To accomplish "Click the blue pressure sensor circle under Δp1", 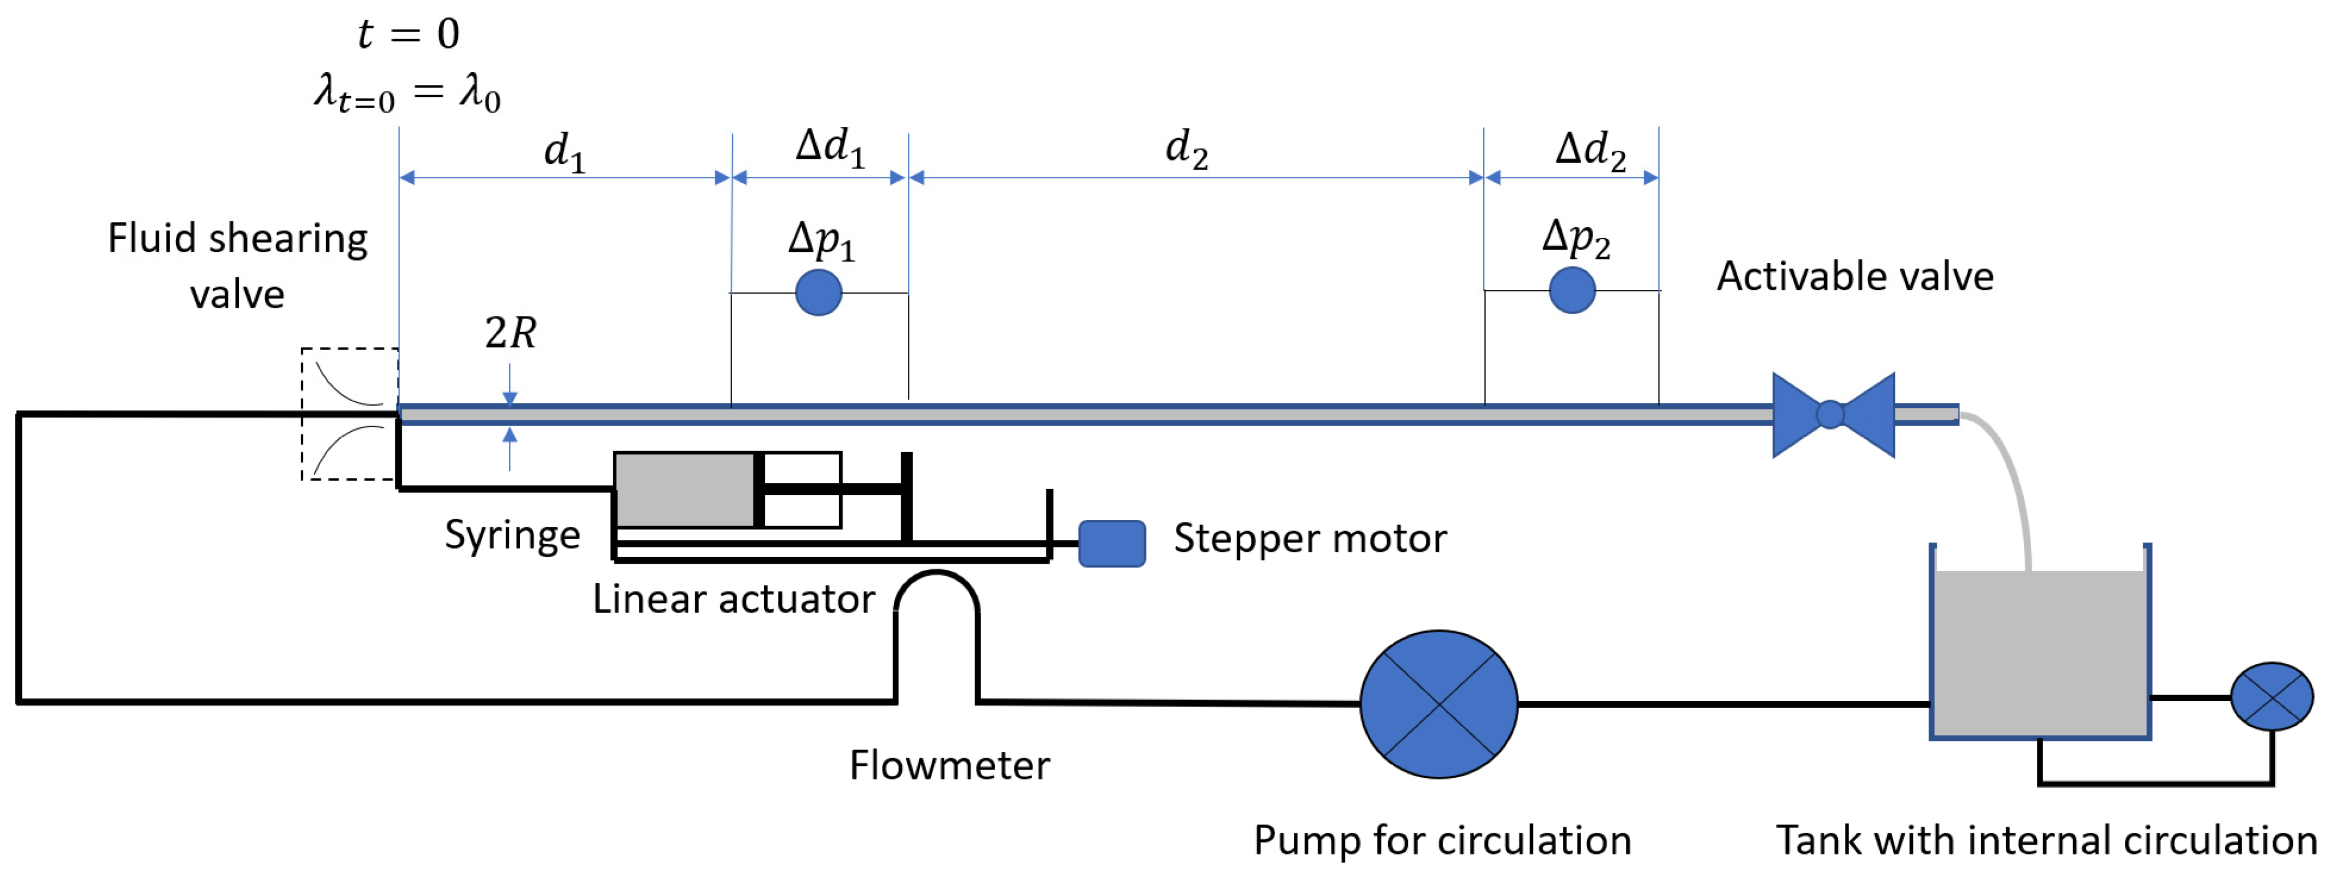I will point(818,292).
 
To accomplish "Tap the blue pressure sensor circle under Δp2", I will point(1572,290).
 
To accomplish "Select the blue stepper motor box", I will point(1112,544).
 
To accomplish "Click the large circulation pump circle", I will point(1439,704).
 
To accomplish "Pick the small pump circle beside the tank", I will point(2271,696).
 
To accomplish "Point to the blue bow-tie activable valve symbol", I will point(1833,414).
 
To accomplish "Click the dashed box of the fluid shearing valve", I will point(349,414).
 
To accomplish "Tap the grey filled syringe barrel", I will point(685,489).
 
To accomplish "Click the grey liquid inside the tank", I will point(2040,651).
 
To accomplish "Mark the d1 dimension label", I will point(564,151).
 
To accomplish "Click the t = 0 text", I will point(408,34).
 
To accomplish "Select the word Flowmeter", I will point(949,765).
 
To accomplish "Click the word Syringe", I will point(512,535).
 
